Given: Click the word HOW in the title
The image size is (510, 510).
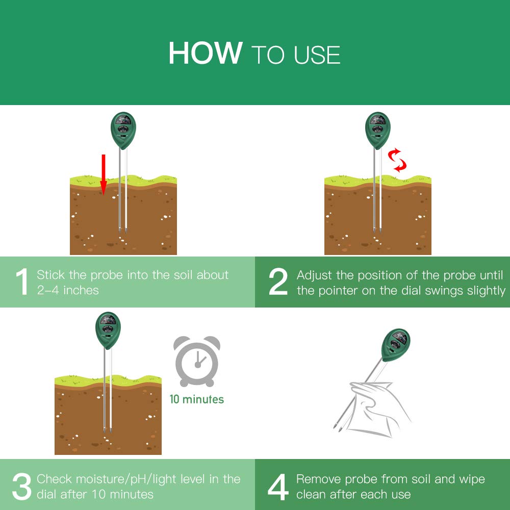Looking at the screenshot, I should pos(205,53).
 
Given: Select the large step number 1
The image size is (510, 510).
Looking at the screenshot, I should pos(22,282).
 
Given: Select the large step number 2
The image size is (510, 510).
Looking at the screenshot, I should pos(278,282).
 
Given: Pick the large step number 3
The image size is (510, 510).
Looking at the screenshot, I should pos(22,486).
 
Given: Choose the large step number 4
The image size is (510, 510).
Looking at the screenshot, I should pos(278,486).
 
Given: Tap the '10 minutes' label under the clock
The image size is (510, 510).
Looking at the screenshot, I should pos(197,399).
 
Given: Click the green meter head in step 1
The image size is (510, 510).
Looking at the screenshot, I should pos(123,130).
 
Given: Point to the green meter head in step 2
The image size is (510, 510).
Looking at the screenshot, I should pos(378,130).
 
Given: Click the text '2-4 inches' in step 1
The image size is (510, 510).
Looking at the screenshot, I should pos(67,290).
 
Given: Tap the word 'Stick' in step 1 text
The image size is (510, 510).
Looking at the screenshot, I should pos(50,275).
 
